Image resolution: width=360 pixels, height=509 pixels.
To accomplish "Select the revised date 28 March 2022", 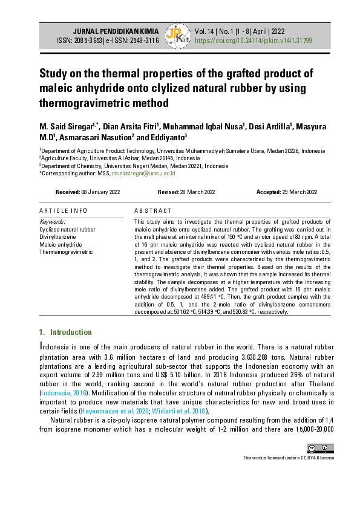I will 195,192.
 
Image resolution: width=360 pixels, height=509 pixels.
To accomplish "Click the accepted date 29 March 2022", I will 295,192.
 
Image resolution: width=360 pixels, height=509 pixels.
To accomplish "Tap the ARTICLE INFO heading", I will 63,210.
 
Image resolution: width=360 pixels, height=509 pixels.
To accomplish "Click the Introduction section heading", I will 70,332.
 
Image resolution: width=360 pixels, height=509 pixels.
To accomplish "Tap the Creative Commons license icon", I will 319,448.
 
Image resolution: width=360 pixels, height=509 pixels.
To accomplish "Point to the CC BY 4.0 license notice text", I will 288,458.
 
